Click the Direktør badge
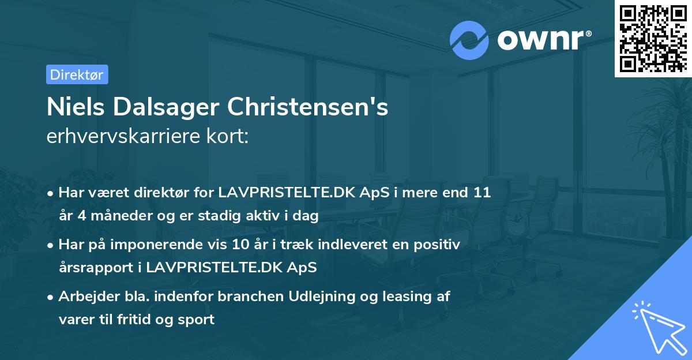pos(77,74)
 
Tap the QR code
pos(652,38)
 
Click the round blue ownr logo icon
pos(469,40)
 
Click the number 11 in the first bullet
pos(482,192)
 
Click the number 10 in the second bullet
pos(238,245)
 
